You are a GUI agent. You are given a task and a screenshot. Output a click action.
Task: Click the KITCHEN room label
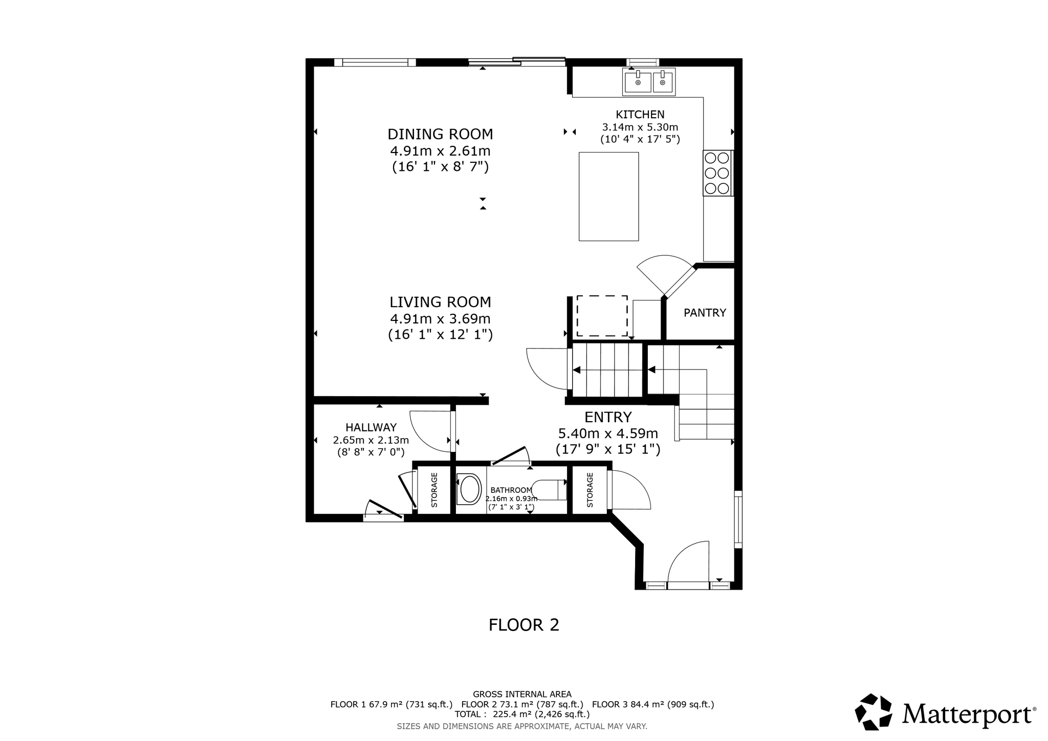click(x=640, y=115)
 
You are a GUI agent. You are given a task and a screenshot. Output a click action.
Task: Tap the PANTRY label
click(x=705, y=313)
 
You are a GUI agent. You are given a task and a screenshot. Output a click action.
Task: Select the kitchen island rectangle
click(x=608, y=197)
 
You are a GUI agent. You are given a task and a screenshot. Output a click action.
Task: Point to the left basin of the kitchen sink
click(x=638, y=82)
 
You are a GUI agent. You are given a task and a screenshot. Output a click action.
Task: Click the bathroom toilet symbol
click(x=548, y=490)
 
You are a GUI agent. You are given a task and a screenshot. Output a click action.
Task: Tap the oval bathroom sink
click(x=470, y=489)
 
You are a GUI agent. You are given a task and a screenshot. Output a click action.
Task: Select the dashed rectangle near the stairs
click(x=602, y=316)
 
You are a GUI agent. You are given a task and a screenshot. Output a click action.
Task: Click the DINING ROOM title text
click(x=440, y=134)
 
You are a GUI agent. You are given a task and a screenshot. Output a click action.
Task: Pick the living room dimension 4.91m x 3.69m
click(x=440, y=319)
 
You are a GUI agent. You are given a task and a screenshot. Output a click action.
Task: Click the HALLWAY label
click(x=371, y=427)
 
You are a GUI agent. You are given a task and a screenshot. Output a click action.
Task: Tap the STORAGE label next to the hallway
click(x=434, y=490)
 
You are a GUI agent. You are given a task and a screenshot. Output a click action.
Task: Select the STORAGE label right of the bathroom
click(x=589, y=490)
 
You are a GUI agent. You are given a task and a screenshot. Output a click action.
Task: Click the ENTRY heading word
click(x=608, y=417)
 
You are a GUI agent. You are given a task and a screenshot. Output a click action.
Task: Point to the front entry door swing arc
click(x=686, y=555)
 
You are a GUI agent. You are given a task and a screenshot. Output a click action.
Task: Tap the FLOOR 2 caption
click(x=523, y=625)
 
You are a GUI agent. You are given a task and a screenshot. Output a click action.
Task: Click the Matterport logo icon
click(x=873, y=712)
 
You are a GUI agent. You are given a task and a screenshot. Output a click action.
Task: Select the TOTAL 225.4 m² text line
click(x=522, y=714)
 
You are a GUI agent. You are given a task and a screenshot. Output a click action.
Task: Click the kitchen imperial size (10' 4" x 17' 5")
click(x=640, y=139)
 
